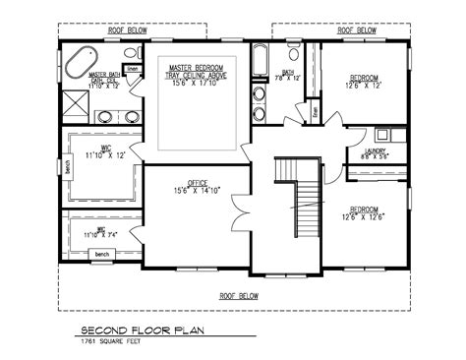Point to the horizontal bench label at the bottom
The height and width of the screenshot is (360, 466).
click(101, 254)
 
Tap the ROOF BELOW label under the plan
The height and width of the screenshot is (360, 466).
click(239, 294)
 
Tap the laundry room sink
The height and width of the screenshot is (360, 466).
click(384, 134)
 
